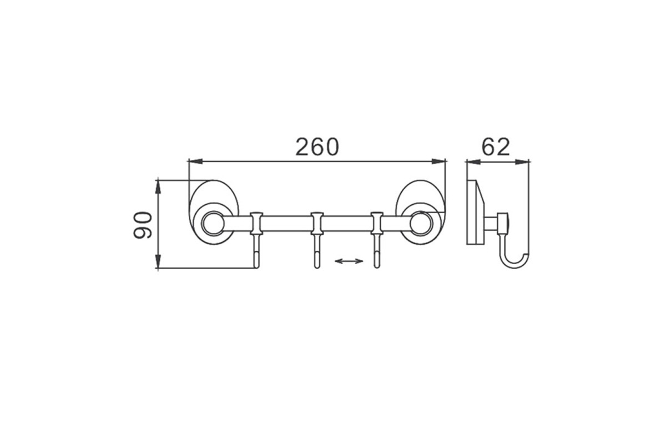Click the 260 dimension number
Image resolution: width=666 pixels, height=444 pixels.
pyautogui.click(x=317, y=147)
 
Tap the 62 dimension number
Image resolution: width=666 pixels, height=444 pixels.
pyautogui.click(x=496, y=147)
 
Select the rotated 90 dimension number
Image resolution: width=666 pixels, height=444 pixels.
pyautogui.click(x=143, y=225)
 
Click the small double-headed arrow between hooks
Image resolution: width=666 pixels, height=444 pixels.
pyautogui.click(x=349, y=261)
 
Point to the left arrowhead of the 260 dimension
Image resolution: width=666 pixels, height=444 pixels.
pyautogui.click(x=195, y=161)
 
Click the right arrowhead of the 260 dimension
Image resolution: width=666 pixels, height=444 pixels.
pyautogui.click(x=439, y=161)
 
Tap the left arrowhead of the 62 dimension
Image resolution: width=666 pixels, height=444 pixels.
pyautogui.click(x=473, y=162)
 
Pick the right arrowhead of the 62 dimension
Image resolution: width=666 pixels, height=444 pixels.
pyautogui.click(x=522, y=162)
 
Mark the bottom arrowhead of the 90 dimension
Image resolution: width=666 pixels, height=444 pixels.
pyautogui.click(x=158, y=261)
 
